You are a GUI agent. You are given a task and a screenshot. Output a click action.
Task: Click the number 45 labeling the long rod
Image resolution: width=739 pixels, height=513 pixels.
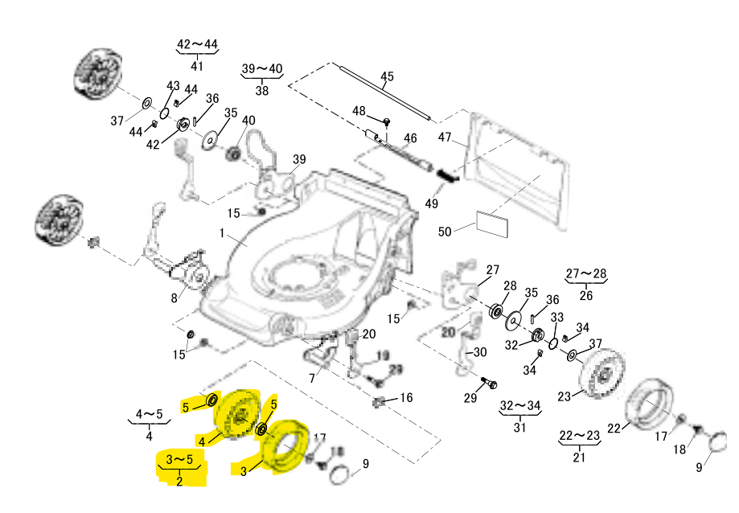(387, 77)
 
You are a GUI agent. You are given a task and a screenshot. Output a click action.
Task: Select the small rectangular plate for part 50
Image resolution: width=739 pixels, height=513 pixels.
(492, 224)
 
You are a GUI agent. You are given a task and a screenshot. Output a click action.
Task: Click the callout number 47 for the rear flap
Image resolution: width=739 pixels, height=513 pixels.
(446, 137)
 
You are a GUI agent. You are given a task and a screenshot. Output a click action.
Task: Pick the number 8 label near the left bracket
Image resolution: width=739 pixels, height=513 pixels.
(173, 298)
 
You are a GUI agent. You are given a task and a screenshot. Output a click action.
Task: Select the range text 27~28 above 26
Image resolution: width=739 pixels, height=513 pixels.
(586, 274)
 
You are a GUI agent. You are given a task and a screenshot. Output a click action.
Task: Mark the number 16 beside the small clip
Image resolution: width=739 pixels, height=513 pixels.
(406, 397)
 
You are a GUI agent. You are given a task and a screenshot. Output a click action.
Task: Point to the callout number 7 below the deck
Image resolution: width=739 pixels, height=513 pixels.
(311, 377)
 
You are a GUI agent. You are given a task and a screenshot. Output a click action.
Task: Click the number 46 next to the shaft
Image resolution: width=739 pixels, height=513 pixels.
(410, 139)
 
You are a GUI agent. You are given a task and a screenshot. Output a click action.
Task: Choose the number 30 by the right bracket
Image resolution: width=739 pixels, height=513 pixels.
(479, 352)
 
